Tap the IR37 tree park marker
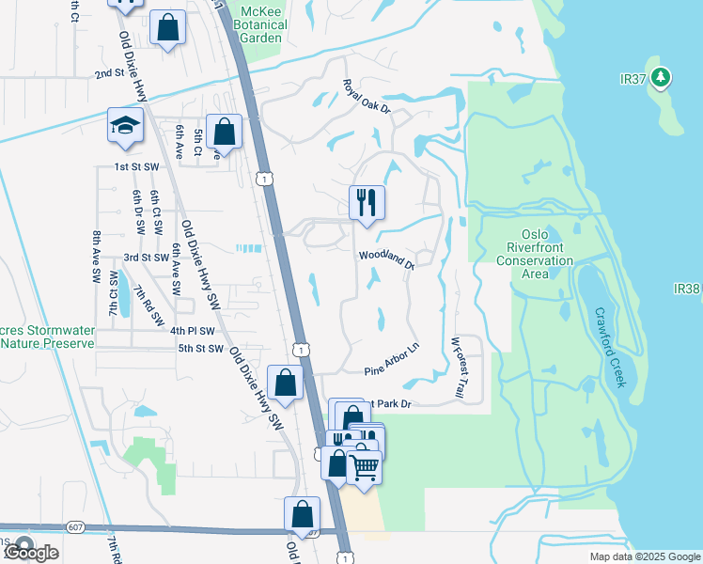point(661,76)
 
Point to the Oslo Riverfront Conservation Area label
point(535,254)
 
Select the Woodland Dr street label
point(386,260)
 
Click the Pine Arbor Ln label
point(392,358)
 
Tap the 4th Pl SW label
point(193,331)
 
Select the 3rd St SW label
point(146,257)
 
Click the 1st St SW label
point(135,166)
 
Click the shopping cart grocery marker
point(364,464)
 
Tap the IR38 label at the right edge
point(687,290)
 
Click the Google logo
point(32,553)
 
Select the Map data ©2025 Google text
point(645,556)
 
